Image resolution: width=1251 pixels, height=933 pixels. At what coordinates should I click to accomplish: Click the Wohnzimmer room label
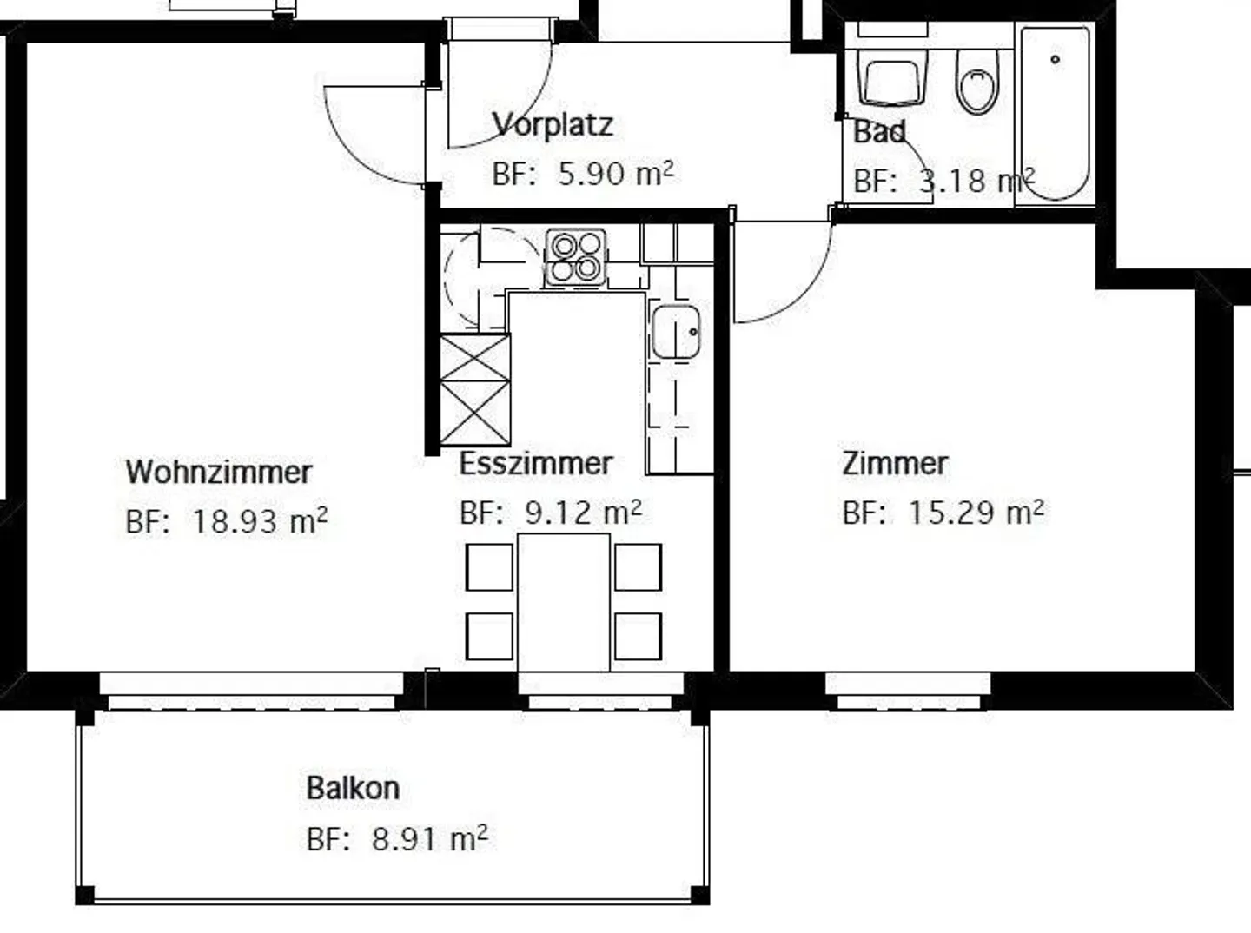(x=218, y=472)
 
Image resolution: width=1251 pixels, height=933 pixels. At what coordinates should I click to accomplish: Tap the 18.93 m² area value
(x=259, y=521)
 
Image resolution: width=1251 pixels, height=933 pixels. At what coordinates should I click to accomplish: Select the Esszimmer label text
(x=535, y=463)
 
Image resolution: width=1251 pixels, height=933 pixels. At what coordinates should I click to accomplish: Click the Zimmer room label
(x=894, y=463)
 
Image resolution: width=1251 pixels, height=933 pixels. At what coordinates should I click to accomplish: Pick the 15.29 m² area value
(x=975, y=513)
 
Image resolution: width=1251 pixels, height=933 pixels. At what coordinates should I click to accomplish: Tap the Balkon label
(x=353, y=789)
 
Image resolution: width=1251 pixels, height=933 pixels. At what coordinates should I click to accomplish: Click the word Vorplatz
(x=553, y=124)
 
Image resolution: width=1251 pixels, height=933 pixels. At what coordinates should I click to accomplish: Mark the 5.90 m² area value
(x=615, y=174)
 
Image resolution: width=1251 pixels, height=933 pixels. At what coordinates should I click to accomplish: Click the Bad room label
(x=879, y=132)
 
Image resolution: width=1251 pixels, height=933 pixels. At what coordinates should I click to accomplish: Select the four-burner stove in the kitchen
(x=575, y=257)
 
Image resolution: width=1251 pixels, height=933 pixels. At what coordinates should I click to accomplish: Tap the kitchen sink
(x=676, y=331)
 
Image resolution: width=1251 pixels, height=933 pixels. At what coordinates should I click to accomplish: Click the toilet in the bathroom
(x=977, y=82)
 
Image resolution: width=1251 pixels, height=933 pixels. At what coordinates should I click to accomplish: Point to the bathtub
(x=1055, y=113)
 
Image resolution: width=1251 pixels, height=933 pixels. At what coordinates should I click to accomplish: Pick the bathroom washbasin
(x=894, y=79)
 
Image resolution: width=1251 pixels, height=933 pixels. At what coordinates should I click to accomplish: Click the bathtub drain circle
(x=1055, y=59)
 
